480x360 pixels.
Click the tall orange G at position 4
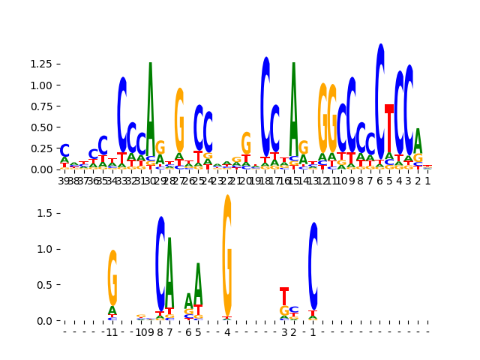[227, 255]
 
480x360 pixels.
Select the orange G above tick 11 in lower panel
[112, 277]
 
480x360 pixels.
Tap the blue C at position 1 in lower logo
[313, 265]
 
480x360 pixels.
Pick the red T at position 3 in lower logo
[284, 296]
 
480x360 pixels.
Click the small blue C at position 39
[64, 151]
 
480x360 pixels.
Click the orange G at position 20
[246, 143]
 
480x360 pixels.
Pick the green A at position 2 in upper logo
[418, 141]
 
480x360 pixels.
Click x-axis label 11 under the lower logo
[112, 332]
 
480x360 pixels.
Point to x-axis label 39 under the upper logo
[64, 181]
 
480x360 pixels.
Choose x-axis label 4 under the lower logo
[227, 332]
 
